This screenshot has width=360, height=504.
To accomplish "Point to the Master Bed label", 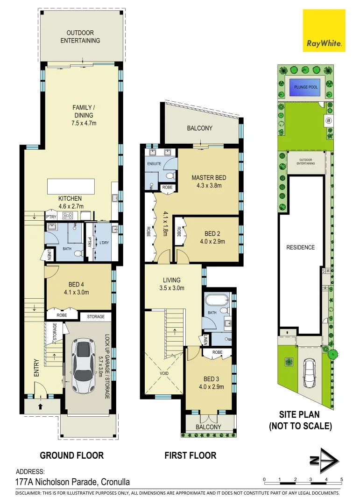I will (206, 178).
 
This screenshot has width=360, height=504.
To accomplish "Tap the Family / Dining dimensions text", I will (83, 123).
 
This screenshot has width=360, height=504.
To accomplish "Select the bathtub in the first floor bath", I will (216, 300).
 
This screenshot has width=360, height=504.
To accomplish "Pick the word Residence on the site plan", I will (300, 247).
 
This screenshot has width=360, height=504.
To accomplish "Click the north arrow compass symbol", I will (324, 462).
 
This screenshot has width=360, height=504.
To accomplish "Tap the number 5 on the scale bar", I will (341, 480).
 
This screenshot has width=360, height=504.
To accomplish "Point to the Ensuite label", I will (155, 164).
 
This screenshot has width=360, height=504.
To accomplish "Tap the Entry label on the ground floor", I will (36, 368).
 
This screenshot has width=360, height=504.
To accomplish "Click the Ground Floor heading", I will (71, 455).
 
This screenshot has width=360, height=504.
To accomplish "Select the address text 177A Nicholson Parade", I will (73, 482).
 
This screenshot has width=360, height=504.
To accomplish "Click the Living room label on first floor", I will (171, 280).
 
